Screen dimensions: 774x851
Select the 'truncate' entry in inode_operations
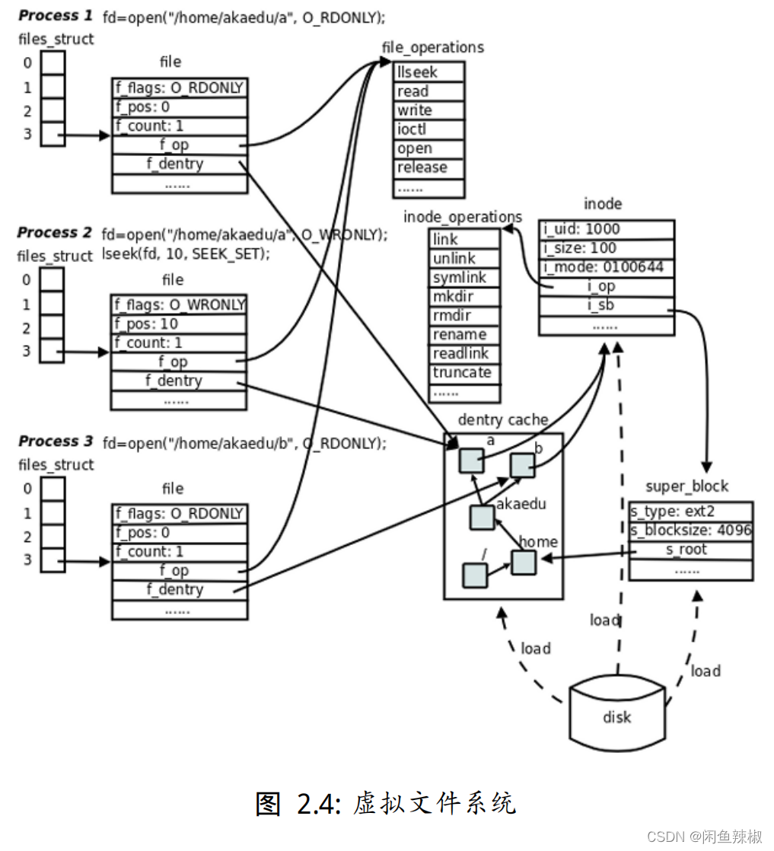464,374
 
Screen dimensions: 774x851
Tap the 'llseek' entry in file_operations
428,72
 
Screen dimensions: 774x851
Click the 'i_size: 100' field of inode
607,249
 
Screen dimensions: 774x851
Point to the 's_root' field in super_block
690,550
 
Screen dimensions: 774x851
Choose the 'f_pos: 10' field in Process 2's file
178,324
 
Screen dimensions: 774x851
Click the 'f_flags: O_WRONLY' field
178,305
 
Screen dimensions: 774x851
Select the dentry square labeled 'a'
471,461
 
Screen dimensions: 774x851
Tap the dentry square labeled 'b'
522,466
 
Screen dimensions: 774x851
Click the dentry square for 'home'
524,563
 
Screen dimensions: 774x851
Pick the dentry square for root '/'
474,575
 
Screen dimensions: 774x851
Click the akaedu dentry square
482,517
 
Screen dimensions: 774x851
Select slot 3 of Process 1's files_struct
53,134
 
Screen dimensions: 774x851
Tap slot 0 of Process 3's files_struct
53,489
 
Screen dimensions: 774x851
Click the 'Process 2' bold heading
54,232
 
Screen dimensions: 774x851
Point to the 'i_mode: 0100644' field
607,268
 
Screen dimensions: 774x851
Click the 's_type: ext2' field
690,512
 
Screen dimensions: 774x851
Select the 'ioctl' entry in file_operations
428,129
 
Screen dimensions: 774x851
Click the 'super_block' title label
686,486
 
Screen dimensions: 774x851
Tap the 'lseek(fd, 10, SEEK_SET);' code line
186,254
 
